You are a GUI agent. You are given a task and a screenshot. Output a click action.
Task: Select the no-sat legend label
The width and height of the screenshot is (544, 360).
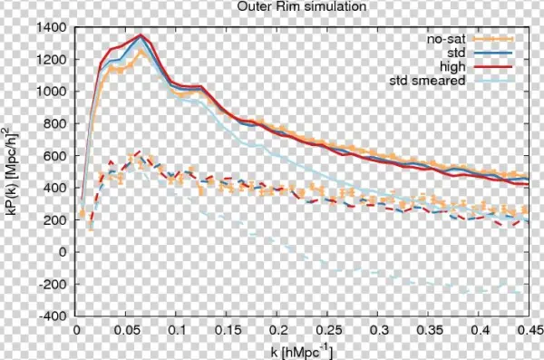point(445,39)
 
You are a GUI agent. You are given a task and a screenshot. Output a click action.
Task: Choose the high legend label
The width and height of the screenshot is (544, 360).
point(452,67)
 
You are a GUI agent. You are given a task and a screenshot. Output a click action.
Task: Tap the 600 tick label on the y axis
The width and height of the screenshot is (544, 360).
point(59,156)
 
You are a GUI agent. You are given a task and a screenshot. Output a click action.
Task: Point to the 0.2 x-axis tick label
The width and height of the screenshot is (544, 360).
point(277,331)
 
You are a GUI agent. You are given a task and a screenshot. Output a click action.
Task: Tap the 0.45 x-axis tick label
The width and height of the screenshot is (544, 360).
point(529,331)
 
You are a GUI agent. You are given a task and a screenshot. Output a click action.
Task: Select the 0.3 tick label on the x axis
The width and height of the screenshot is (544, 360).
point(378,331)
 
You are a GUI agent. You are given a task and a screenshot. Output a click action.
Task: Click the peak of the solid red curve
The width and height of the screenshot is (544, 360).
point(141,35)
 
